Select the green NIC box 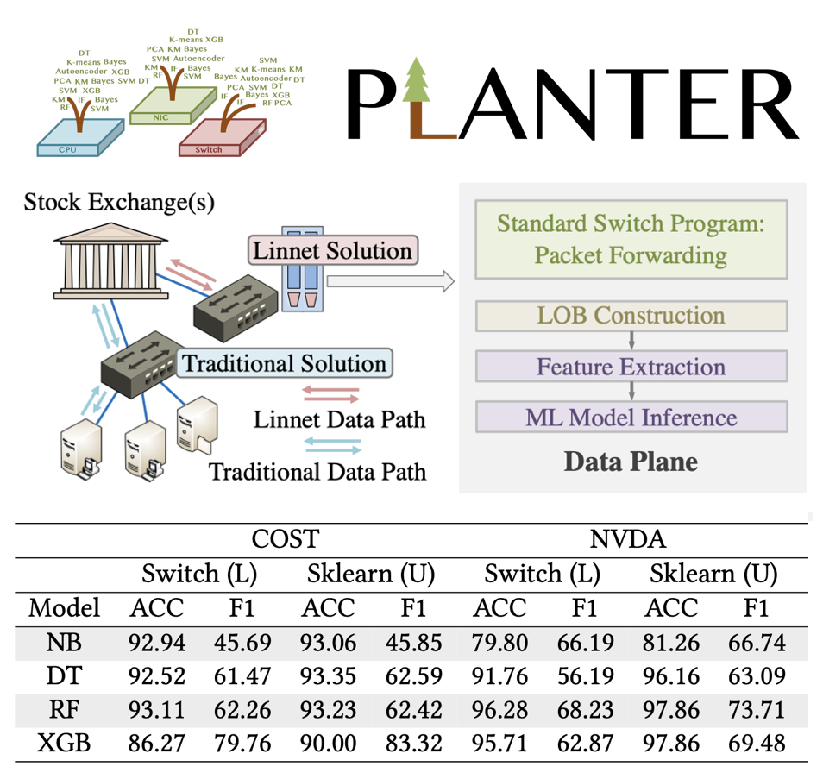(165, 108)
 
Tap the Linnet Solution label (333, 251)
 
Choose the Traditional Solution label (285, 363)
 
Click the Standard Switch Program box (631, 239)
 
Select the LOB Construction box (631, 316)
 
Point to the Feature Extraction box (631, 367)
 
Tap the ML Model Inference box (631, 418)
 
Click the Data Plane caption (631, 462)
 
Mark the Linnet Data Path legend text (339, 419)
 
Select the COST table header (285, 539)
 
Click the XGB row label (64, 743)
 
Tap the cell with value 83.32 (413, 743)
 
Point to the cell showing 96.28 (500, 709)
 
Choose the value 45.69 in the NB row (242, 643)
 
